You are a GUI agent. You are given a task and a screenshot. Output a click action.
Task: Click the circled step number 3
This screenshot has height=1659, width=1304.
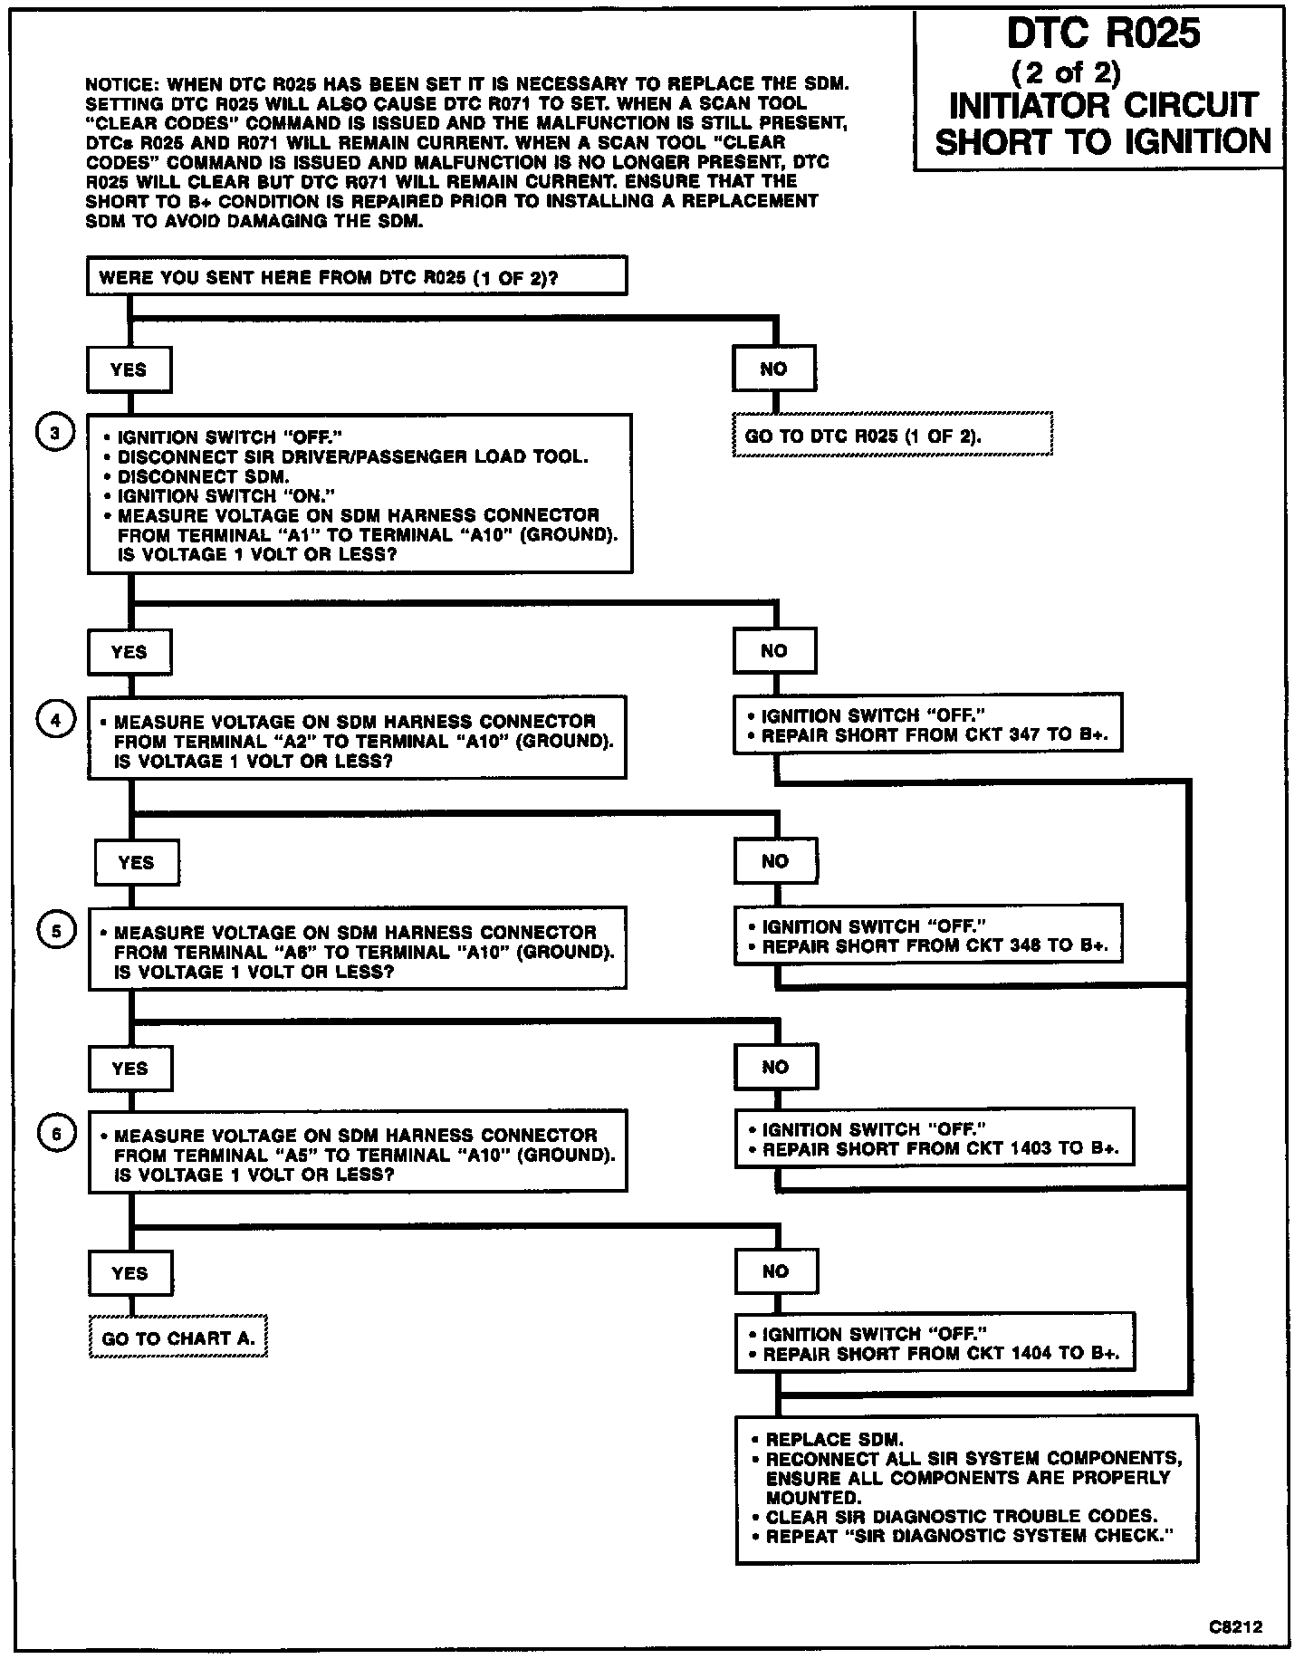point(54,434)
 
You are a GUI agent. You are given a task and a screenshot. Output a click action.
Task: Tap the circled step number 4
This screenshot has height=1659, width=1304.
point(55,720)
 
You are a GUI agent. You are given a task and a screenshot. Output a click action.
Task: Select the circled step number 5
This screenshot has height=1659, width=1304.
point(56,931)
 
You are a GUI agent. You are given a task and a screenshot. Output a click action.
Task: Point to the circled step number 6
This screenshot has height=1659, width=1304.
point(56,1134)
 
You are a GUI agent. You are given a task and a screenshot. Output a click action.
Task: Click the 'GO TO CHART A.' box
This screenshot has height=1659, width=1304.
point(178,1338)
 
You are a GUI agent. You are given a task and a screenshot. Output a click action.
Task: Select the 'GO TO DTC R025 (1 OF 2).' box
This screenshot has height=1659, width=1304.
point(891,436)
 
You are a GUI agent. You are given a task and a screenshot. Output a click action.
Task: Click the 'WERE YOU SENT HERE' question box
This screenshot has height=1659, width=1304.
point(357,277)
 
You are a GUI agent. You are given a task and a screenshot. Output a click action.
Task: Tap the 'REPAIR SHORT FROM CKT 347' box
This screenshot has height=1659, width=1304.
point(927,724)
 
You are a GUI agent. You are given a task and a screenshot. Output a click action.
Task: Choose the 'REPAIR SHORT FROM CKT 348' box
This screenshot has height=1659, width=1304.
point(928,936)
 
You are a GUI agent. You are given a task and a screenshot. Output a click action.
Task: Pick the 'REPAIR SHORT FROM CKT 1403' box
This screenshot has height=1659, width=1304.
point(934,1139)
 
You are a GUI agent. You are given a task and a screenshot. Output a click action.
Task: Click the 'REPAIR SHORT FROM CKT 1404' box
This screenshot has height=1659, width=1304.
point(934,1344)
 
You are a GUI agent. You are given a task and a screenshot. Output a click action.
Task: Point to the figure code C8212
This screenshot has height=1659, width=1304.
point(1235,1626)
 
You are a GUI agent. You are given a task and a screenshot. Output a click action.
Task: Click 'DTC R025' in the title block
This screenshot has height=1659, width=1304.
point(1103,34)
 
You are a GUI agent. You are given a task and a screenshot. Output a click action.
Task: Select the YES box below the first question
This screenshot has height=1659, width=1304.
point(129,369)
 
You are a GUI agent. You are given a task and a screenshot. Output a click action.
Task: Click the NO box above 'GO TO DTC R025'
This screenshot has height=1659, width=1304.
point(774,369)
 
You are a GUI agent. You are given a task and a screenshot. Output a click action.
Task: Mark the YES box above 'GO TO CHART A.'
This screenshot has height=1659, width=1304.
point(130,1273)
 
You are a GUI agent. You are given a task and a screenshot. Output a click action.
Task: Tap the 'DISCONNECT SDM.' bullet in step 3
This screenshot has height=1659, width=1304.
point(204,476)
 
